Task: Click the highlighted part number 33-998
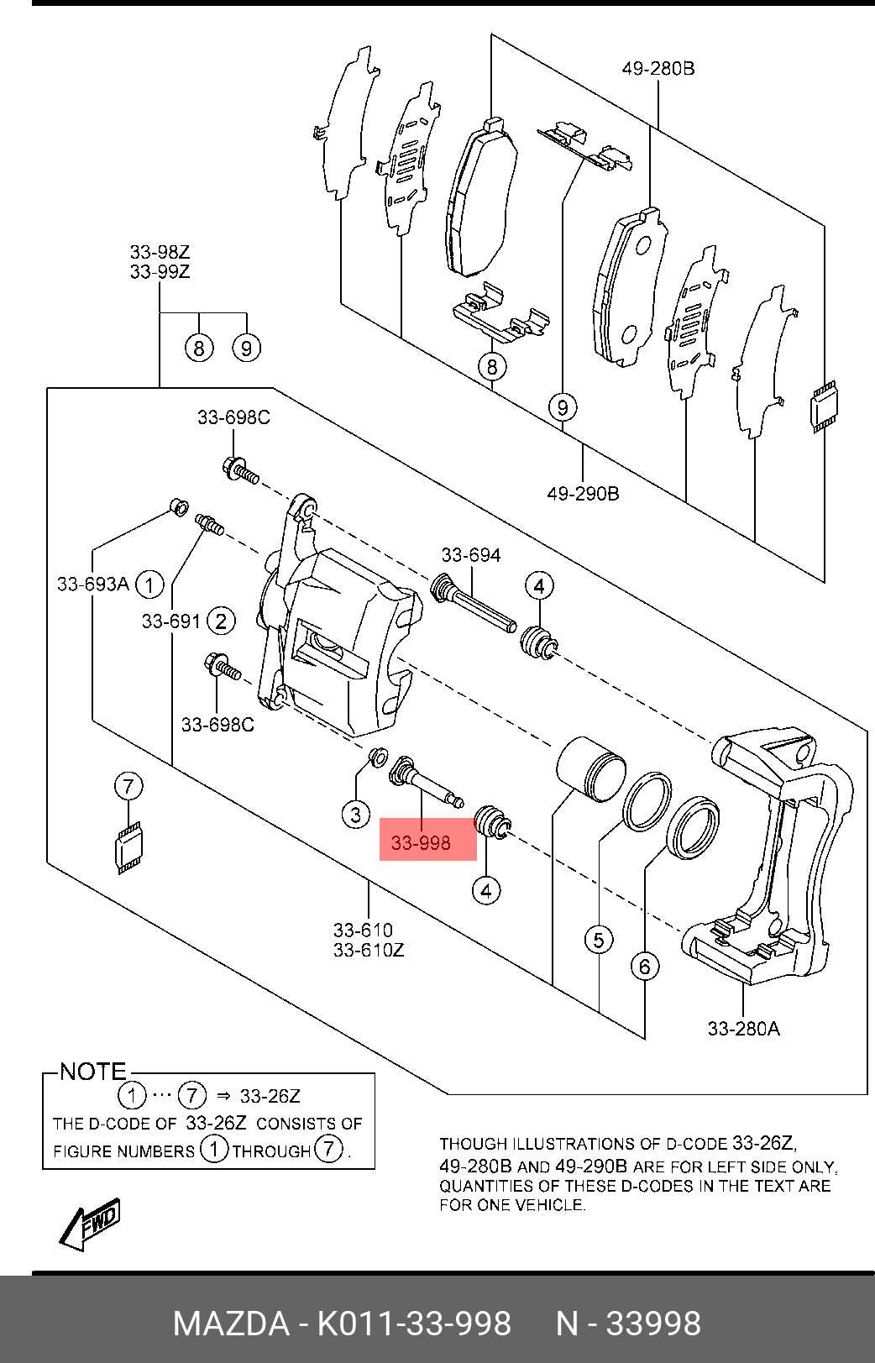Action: (422, 843)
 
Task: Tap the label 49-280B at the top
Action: (658, 68)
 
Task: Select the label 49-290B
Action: (583, 493)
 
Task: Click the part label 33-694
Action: (470, 554)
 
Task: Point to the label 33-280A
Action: (743, 1028)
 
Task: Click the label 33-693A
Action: (92, 584)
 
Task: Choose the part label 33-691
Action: (170, 621)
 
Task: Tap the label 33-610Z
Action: (369, 950)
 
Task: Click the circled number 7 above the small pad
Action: (128, 787)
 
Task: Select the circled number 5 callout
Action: (599, 939)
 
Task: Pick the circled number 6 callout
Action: (644, 967)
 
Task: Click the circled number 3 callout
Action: (356, 813)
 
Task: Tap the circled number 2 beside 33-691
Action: (221, 621)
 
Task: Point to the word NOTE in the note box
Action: (92, 1072)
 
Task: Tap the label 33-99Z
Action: (160, 271)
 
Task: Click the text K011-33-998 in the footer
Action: (413, 1324)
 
